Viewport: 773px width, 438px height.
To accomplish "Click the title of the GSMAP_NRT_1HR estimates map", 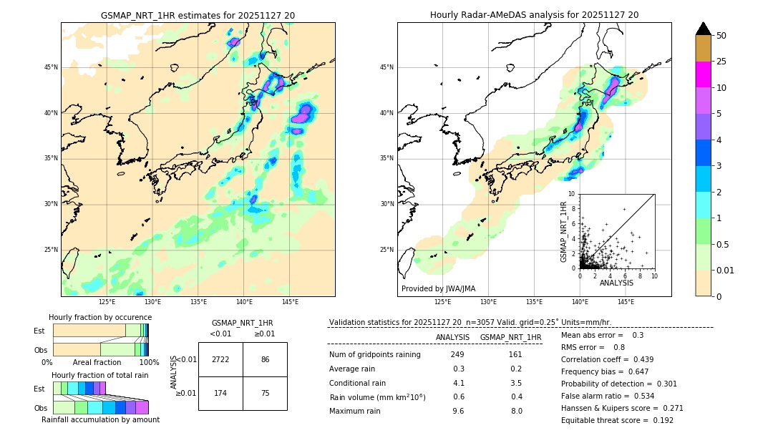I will coord(198,15).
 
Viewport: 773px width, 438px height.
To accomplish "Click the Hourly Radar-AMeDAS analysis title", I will coord(534,15).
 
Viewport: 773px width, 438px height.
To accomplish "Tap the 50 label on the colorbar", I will coord(721,36).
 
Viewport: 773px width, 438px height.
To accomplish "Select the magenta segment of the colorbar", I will coord(703,74).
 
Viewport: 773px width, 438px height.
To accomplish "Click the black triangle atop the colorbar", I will coord(703,29).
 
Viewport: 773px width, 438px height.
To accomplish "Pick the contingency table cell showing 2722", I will coord(220,359).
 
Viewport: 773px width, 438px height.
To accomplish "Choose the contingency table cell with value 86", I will coord(265,359).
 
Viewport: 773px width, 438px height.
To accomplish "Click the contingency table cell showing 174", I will coord(220,393).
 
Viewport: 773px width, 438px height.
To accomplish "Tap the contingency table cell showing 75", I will coord(265,393).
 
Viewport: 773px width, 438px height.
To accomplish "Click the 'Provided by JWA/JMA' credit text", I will coord(438,289).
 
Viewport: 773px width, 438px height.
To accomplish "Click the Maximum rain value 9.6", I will coord(458,411).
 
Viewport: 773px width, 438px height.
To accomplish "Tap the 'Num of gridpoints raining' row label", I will coord(375,355).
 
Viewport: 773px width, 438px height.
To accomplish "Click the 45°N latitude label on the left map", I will coord(51,68).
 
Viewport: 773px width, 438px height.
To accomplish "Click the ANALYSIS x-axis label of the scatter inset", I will coord(616,283).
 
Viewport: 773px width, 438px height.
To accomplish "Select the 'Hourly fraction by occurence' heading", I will coord(100,318).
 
